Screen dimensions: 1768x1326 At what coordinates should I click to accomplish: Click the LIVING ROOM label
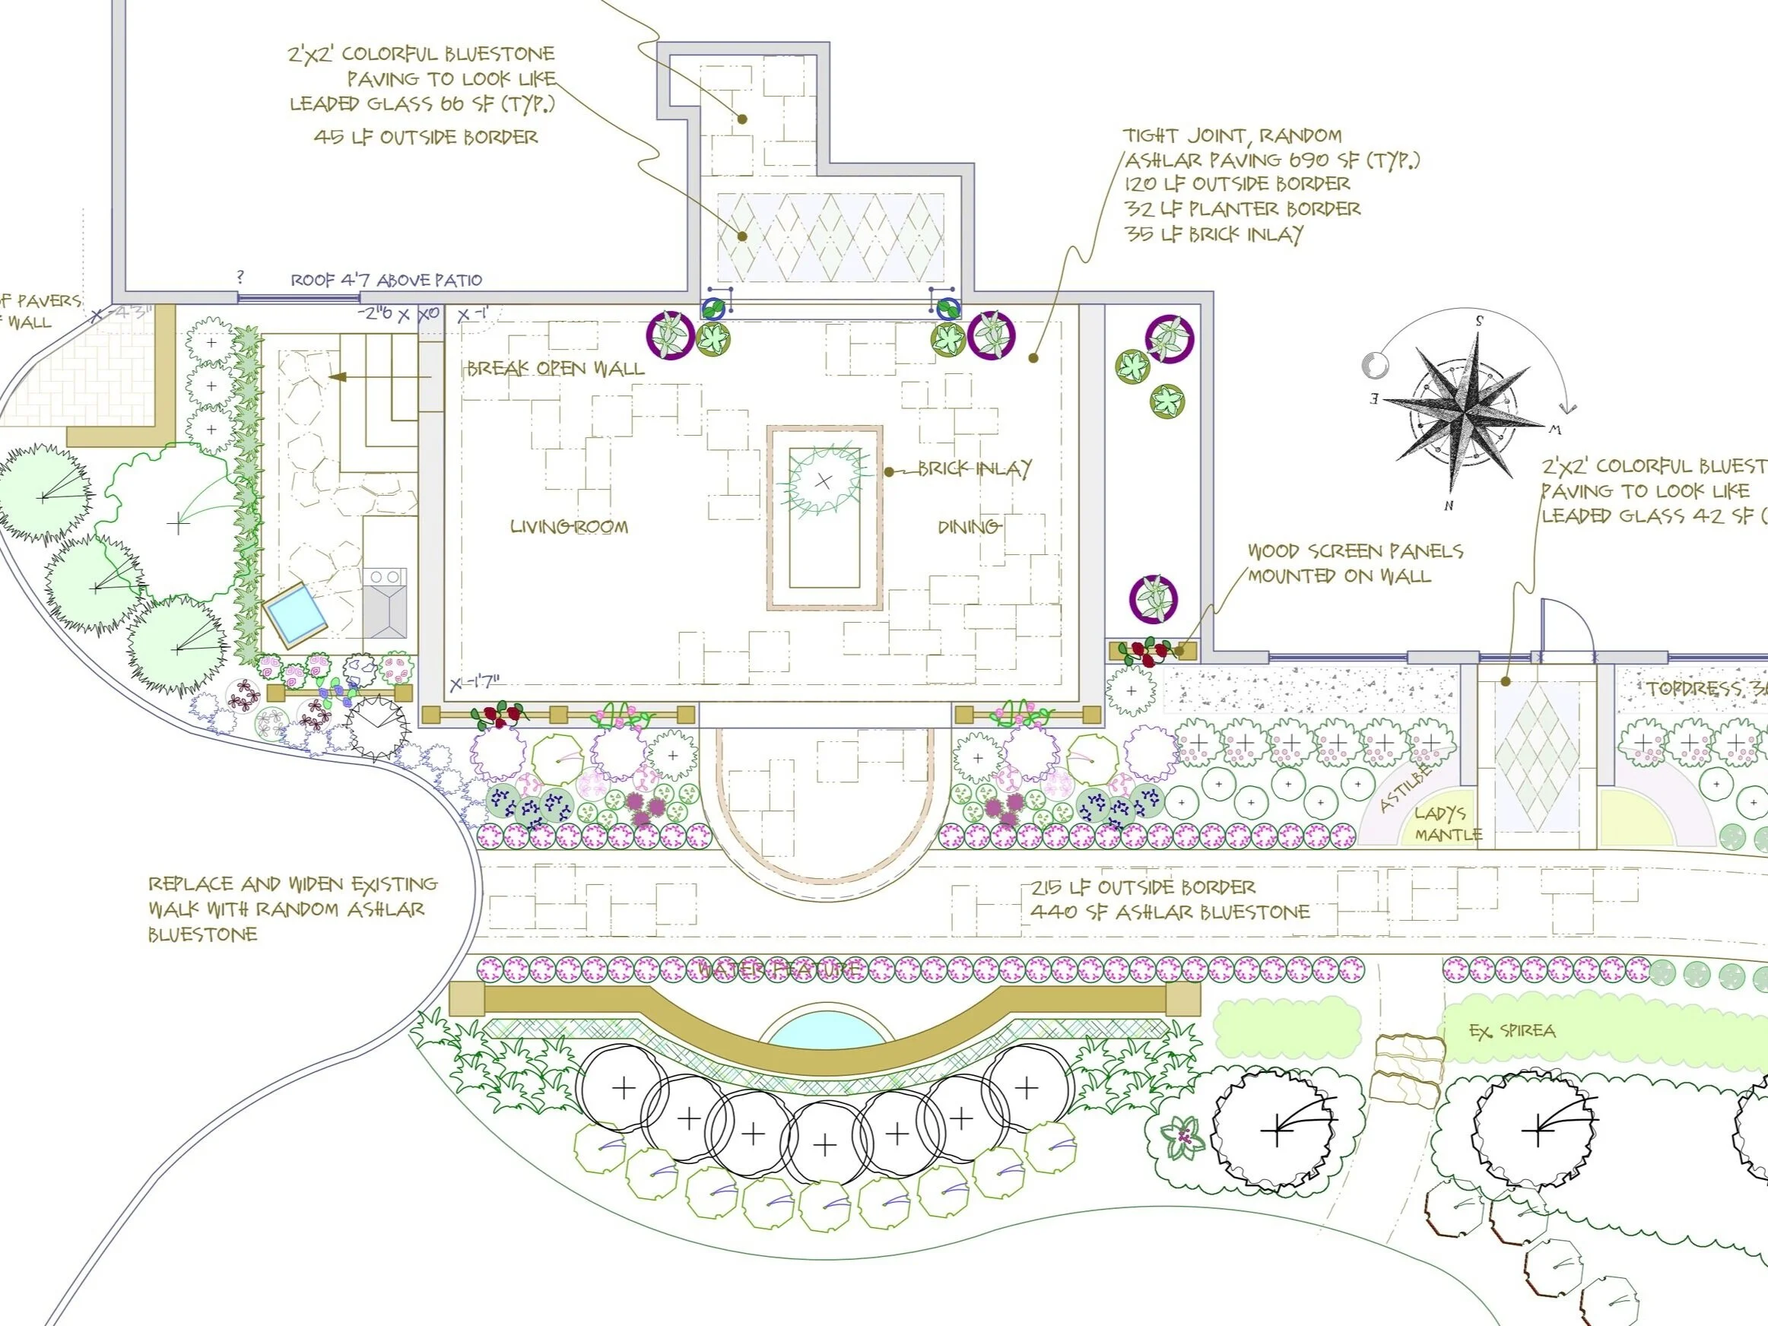coord(569,527)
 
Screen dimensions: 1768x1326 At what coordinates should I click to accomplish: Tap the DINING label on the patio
coord(968,527)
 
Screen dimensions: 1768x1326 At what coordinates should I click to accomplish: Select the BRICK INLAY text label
coord(974,468)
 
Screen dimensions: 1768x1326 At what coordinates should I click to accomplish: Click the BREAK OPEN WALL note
coord(556,369)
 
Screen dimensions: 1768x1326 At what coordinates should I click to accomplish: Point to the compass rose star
coord(1465,413)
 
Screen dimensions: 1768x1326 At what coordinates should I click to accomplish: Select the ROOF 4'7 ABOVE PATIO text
coord(386,281)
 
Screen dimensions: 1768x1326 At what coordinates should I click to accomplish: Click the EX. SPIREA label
coord(1512,1031)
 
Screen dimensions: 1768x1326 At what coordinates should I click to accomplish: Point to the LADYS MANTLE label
coord(1446,824)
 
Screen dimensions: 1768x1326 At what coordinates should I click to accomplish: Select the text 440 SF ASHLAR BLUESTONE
coord(1170,912)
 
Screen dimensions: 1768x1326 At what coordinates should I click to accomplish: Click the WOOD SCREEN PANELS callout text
coord(1355,563)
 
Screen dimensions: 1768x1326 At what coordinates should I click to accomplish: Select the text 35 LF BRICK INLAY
coord(1214,234)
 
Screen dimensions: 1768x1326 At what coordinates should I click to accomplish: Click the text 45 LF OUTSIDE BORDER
coord(426,138)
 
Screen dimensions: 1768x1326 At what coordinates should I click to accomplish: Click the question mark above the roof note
coord(240,278)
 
